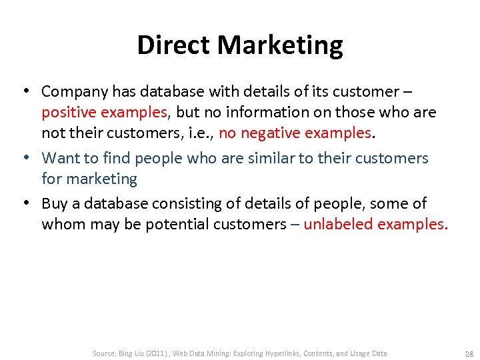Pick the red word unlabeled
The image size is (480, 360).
click(x=339, y=225)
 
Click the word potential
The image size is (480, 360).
click(x=177, y=225)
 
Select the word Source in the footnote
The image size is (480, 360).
click(x=104, y=353)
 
